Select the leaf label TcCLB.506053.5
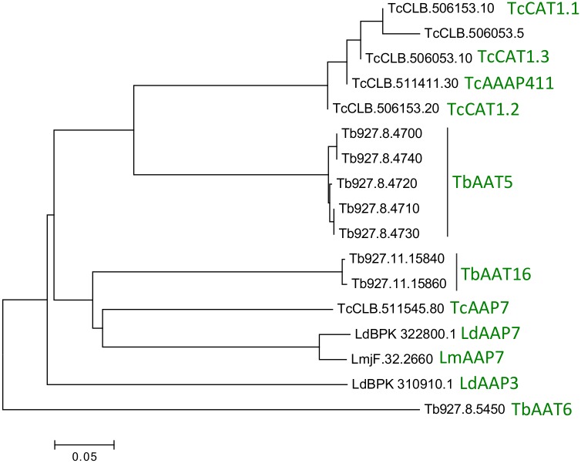pos(460,34)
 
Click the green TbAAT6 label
pos(542,409)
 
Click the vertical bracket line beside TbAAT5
pos(448,183)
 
